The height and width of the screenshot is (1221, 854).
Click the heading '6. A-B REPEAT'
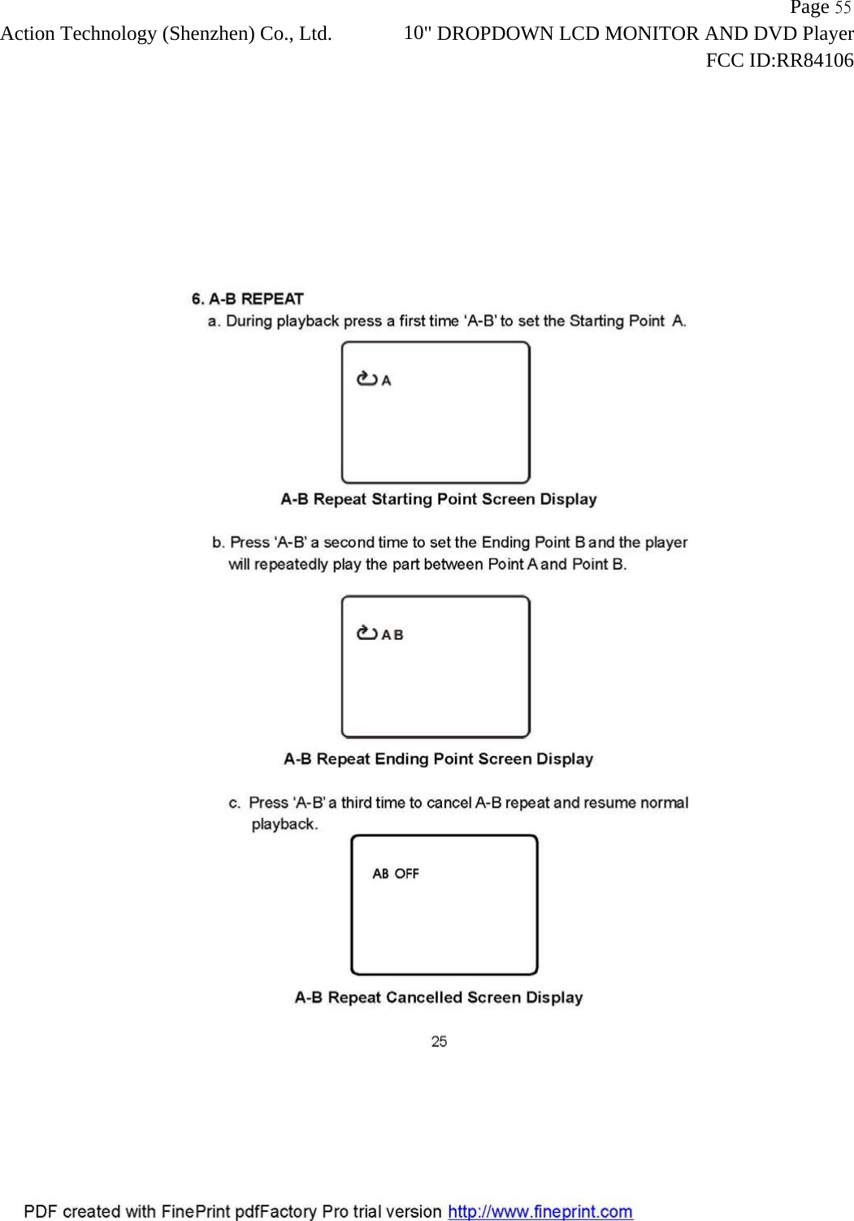click(x=247, y=298)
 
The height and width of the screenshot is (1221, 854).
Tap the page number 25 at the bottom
click(x=439, y=1041)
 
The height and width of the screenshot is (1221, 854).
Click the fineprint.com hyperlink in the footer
click(x=540, y=1211)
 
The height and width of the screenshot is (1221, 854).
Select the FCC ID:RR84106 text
click(x=779, y=60)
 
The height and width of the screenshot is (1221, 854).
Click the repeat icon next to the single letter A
click(x=367, y=379)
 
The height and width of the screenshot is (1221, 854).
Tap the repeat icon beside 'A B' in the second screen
click(x=367, y=633)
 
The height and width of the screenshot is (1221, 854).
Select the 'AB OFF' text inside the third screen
click(x=396, y=874)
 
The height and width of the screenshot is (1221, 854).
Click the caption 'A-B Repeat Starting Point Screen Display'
click(x=439, y=499)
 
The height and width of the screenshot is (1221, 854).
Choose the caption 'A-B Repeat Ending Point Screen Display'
click(x=439, y=758)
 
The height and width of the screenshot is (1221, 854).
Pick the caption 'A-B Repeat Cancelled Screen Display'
click(x=439, y=997)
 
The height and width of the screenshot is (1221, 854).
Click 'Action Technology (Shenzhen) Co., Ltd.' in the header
click(x=166, y=34)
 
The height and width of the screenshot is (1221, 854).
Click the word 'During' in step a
click(x=249, y=321)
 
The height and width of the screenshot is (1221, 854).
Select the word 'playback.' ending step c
click(x=284, y=824)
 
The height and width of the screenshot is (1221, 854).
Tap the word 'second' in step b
click(x=349, y=542)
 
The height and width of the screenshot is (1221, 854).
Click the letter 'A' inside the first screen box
click(x=387, y=380)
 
